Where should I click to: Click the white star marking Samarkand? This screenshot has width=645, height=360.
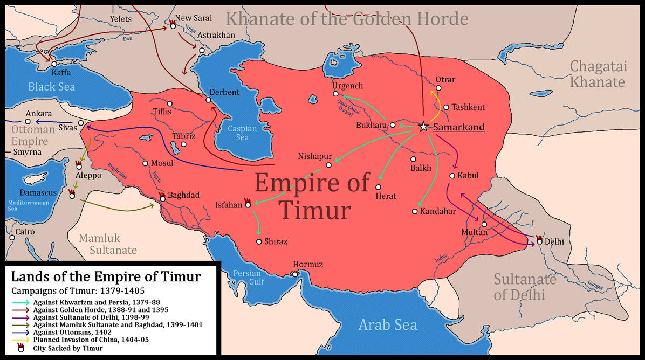pos(423,127)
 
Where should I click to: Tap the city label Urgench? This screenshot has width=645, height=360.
pos(347,86)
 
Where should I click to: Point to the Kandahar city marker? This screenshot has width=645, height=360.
pos(415,211)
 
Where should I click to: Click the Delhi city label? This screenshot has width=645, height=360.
pos(554,242)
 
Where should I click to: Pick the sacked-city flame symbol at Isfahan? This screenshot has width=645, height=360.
pos(248,202)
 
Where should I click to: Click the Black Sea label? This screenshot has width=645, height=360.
pos(52,87)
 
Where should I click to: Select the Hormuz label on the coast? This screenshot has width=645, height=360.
pos(308,265)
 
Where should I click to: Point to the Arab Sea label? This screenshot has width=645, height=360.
pos(388,324)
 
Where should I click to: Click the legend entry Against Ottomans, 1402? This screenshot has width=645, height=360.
pos(67,333)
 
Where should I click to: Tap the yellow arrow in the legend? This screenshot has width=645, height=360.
pos(20,341)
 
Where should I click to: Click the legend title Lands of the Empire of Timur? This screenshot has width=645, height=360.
pos(106,277)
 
